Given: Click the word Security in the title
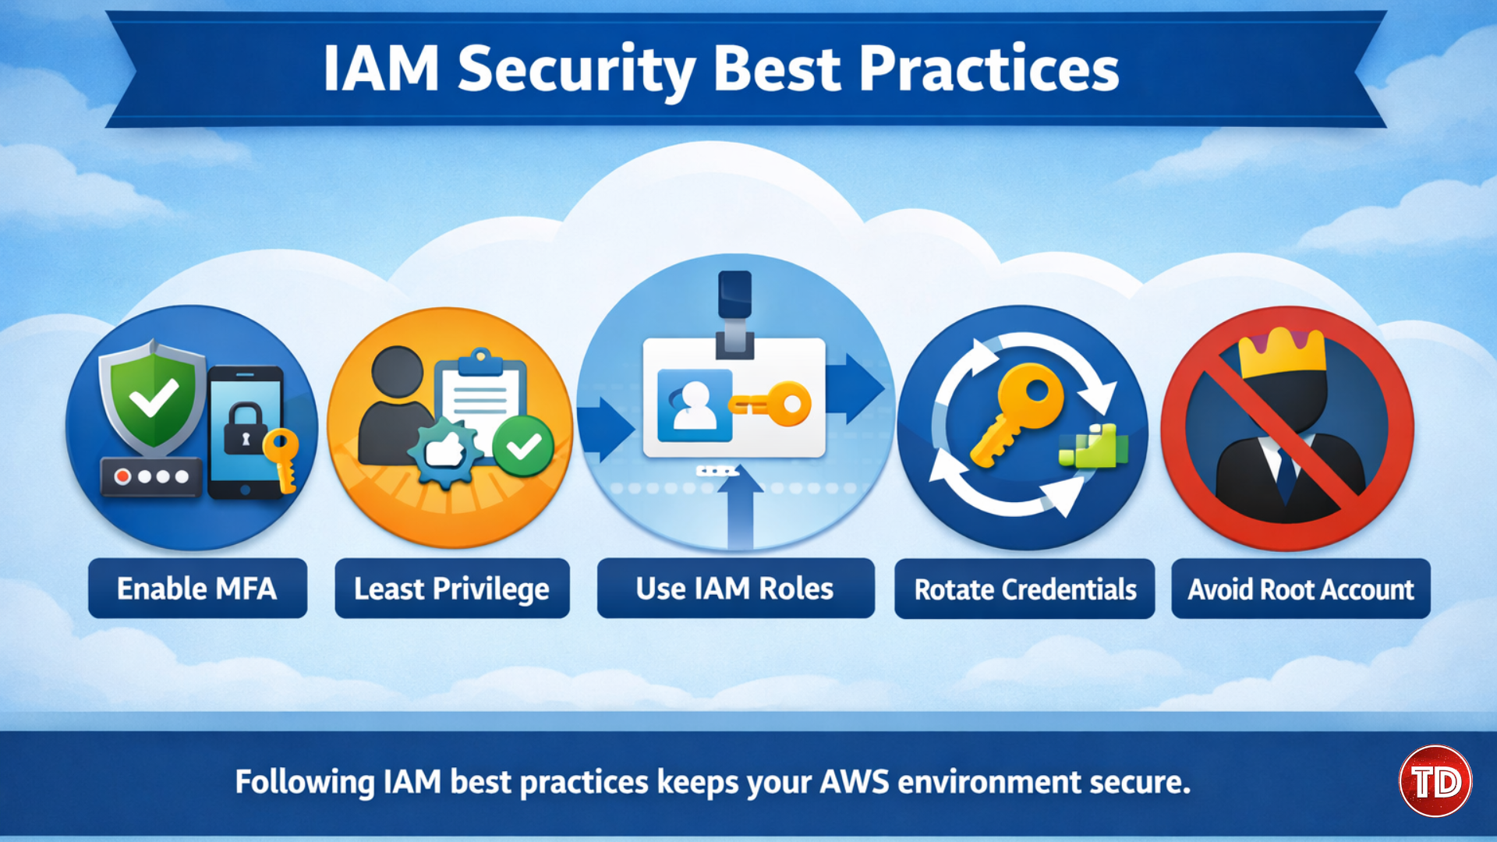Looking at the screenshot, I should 575,70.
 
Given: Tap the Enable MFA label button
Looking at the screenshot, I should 197,589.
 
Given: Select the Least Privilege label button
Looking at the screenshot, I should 451,589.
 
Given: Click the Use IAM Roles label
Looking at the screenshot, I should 734,589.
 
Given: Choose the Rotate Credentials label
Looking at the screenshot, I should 1025,589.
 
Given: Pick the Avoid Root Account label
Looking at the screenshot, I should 1301,589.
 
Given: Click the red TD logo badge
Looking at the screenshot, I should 1435,781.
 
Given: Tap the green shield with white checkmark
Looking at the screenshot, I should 154,398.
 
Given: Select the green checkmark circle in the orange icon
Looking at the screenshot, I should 523,447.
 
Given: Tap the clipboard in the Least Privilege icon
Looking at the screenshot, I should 480,398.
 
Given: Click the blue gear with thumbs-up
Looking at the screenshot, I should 445,451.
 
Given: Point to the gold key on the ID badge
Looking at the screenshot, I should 772,404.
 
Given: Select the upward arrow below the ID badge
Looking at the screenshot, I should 739,507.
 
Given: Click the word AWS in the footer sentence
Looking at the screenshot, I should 854,782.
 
